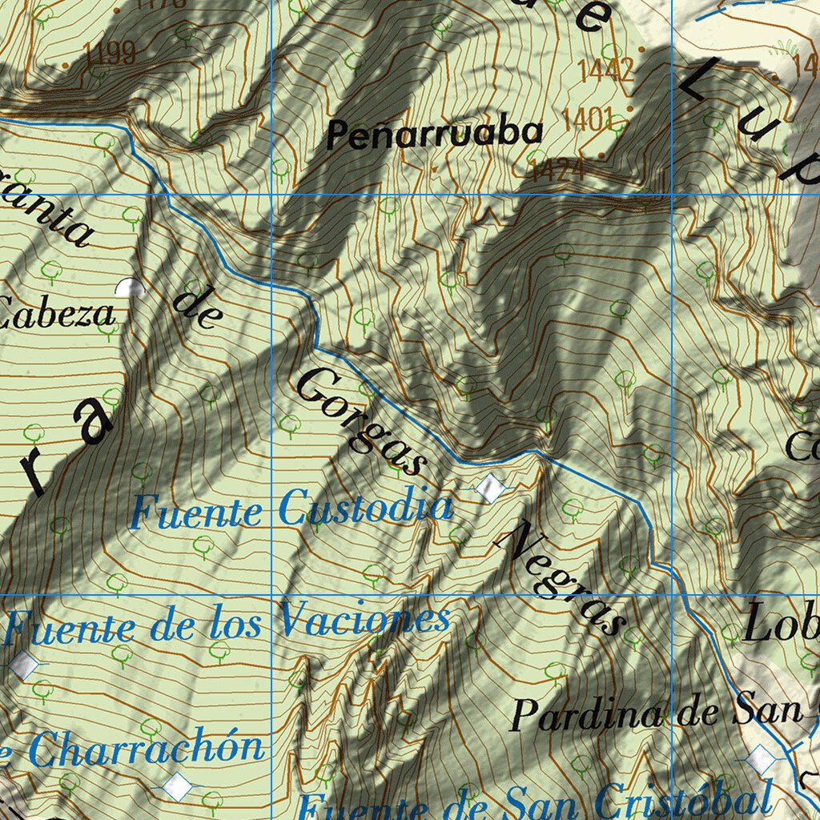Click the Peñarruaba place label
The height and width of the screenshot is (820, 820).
434,134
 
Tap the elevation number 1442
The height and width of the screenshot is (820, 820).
605,70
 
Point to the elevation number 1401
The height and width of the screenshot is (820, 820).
588,119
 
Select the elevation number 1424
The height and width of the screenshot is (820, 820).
557,168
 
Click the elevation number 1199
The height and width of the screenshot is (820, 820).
109,54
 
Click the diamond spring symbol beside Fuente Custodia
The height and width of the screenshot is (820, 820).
489,486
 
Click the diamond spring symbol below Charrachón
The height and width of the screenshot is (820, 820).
177,786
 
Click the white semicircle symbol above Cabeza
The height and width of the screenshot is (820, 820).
128,287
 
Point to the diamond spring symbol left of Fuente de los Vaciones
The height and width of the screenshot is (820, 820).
25,664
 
